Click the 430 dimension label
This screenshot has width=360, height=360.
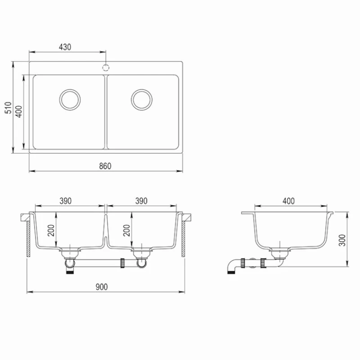(65, 47)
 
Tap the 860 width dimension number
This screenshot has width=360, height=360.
(105, 166)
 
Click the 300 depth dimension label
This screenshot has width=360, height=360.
(342, 240)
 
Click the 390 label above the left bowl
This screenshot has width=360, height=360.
(66, 201)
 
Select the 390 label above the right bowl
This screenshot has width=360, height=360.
(141, 201)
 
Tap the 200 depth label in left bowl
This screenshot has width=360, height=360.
(51, 230)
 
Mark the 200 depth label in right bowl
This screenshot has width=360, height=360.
(127, 230)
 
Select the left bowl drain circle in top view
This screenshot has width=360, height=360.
(70, 99)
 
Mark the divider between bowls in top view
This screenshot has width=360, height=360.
(106, 112)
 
